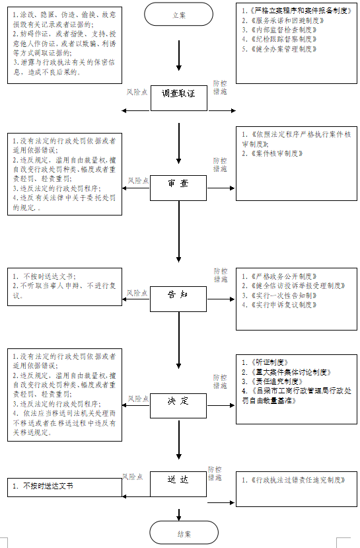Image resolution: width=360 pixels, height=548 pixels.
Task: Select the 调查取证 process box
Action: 179,95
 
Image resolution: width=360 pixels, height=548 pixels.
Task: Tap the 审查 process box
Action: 179,183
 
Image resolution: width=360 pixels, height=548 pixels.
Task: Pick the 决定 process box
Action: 179,401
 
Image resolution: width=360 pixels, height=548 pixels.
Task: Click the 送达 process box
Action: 179,479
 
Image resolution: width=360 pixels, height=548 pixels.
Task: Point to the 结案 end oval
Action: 179,533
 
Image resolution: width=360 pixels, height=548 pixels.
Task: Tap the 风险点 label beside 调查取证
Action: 137,93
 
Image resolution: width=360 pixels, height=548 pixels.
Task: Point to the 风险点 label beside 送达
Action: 133,477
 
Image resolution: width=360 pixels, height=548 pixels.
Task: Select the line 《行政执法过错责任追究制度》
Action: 293,480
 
